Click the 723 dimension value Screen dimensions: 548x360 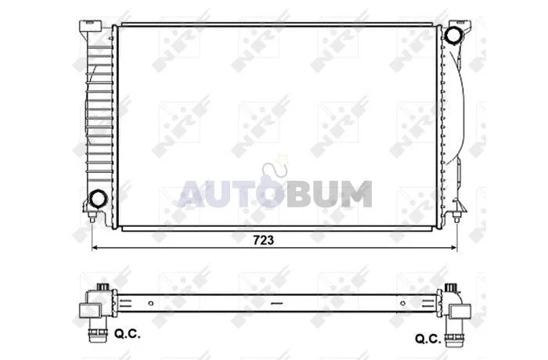[x=263, y=240]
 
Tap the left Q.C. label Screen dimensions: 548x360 [x=127, y=334]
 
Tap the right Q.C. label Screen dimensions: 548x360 [x=427, y=339]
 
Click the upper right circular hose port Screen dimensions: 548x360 [x=453, y=34]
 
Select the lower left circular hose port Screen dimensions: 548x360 [x=97, y=199]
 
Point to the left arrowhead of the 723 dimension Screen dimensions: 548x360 [x=95, y=248]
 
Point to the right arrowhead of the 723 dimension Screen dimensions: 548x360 [x=453, y=248]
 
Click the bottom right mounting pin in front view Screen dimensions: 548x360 [x=456, y=217]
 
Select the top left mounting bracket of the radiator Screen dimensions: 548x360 [x=91, y=27]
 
